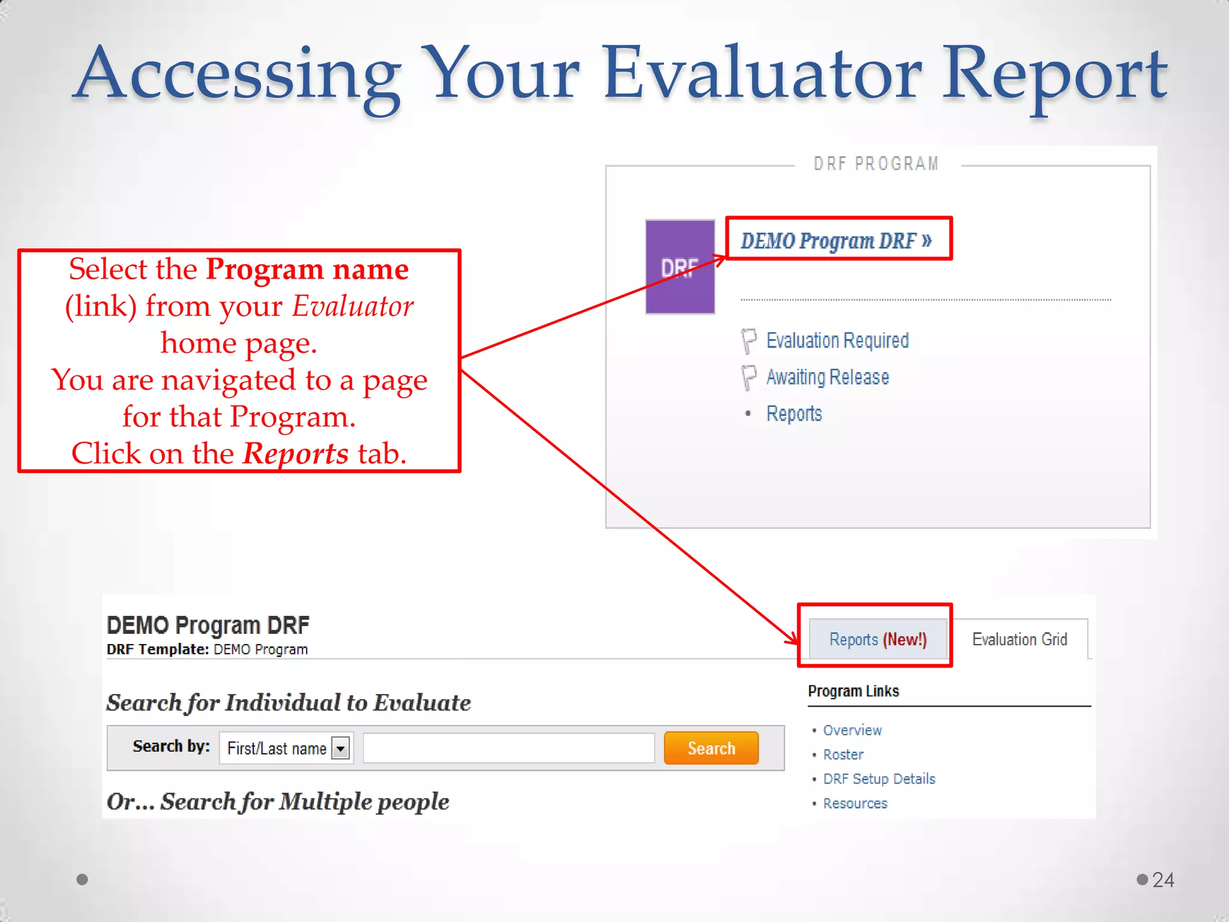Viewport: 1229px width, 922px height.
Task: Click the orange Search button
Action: click(x=711, y=748)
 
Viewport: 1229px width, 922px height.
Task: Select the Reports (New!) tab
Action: click(x=877, y=639)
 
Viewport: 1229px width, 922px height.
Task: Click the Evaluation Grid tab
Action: click(x=1020, y=639)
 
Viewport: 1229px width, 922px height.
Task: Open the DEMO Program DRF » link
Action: click(x=836, y=241)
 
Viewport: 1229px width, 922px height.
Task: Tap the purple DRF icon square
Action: click(x=680, y=267)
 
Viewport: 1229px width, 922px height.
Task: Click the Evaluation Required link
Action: click(x=837, y=340)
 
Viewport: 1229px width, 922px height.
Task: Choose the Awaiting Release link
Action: click(x=828, y=377)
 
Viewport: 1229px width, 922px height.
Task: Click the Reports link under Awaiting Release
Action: click(x=794, y=414)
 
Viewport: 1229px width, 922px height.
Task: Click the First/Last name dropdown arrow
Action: click(x=341, y=749)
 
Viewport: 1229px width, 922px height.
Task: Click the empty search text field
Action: click(x=508, y=748)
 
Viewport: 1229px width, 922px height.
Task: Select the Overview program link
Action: click(x=852, y=730)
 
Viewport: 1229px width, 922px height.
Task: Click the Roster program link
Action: click(x=843, y=755)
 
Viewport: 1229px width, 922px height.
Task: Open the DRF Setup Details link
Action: click(x=879, y=779)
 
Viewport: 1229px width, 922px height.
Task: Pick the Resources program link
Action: click(x=855, y=803)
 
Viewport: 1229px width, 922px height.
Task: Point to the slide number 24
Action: click(x=1163, y=879)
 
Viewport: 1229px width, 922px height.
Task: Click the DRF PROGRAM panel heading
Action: click(x=876, y=164)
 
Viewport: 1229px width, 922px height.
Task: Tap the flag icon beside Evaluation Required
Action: click(x=748, y=340)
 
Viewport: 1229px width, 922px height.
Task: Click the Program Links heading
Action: click(x=853, y=691)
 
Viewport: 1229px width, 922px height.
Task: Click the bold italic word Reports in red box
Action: click(x=295, y=453)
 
